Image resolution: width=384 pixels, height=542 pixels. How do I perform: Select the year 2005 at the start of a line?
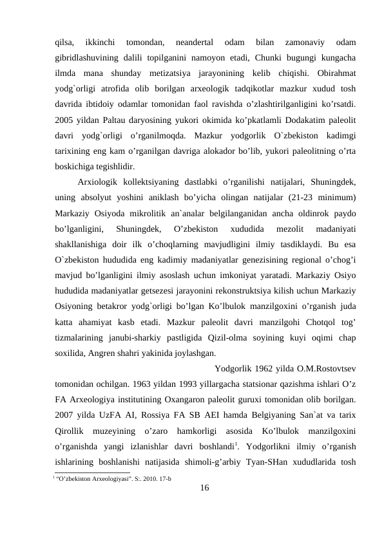(65, 120)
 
